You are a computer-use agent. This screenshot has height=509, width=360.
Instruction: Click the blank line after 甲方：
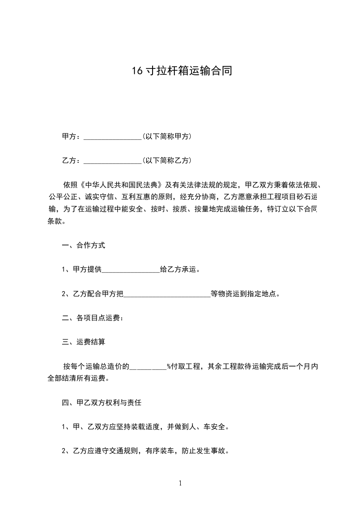113,137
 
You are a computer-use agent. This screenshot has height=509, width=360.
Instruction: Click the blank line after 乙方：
113,161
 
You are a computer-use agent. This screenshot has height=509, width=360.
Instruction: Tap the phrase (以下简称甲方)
167,137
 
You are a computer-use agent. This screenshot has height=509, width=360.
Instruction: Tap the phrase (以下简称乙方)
167,161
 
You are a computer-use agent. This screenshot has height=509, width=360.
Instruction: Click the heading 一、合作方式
84,245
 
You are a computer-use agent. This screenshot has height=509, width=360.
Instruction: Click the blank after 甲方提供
131,269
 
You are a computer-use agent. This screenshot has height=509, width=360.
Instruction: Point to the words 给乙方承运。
180,269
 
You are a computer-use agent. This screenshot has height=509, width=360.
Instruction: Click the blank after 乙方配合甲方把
167,294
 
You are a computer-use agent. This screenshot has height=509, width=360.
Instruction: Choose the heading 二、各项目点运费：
93,318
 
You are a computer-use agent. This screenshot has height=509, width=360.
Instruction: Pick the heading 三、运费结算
84,342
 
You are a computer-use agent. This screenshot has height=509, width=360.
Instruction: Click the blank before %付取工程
148,367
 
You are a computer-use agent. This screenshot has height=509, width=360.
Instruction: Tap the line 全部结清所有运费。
79,378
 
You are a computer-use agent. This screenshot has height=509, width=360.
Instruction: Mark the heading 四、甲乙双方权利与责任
104,402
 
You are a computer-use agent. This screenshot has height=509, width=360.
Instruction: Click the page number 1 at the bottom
180,483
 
